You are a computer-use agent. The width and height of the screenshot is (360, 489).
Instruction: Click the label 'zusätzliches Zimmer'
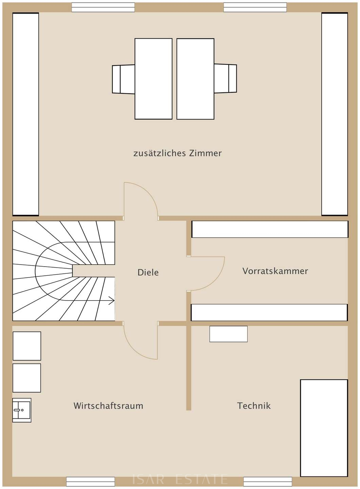point(178,153)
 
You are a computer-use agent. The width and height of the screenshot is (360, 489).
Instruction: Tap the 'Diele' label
point(148,272)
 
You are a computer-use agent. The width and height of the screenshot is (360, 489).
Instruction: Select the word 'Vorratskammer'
point(275,271)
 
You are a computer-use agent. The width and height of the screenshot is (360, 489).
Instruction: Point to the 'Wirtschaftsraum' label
point(108,405)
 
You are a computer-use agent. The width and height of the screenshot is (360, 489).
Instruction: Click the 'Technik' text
point(254,405)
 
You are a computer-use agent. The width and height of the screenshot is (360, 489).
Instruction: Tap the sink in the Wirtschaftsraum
point(22,410)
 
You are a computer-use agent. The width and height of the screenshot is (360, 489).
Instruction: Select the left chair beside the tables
point(123,79)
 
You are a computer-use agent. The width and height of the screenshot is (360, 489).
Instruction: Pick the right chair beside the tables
point(225,78)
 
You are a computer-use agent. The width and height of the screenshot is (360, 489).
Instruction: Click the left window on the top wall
point(103,7)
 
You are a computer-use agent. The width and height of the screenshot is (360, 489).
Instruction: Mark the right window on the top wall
point(255,7)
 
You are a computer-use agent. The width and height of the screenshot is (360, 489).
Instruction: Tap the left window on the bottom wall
point(90,482)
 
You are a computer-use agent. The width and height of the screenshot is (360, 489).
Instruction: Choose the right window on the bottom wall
point(268,482)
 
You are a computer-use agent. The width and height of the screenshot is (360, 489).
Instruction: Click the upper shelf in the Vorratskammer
point(270,229)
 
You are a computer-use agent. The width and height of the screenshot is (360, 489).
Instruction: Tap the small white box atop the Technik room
point(228,334)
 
